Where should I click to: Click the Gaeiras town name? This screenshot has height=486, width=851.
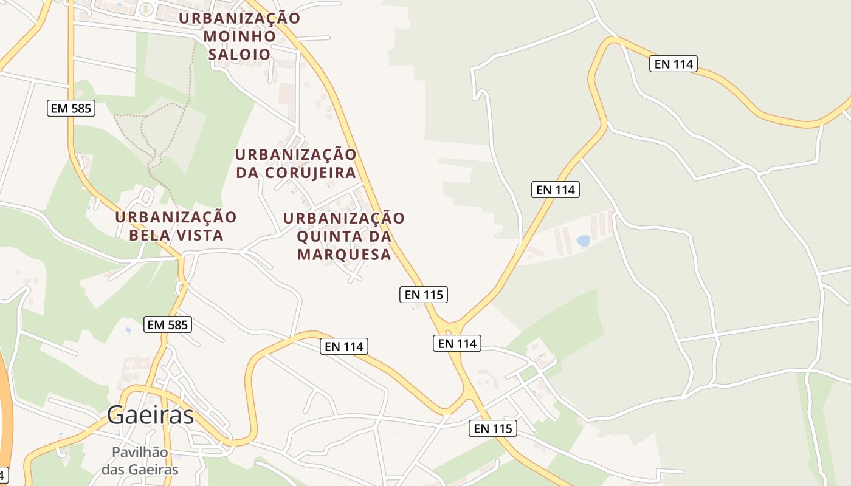click(x=151, y=416)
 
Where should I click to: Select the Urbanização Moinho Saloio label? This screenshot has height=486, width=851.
click(x=239, y=36)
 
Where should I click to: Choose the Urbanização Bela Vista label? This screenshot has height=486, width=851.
click(x=176, y=226)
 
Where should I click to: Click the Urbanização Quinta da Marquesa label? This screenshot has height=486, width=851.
click(x=344, y=236)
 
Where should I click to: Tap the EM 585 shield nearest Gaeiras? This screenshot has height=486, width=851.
click(x=168, y=325)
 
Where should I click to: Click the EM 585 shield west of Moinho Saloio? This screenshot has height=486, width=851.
click(x=71, y=109)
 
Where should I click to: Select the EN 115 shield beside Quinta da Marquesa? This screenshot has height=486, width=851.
click(x=424, y=295)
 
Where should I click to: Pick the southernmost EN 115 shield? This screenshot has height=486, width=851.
click(x=493, y=428)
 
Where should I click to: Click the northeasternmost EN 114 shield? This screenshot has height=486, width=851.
click(x=673, y=64)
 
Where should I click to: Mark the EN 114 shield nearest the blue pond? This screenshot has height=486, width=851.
click(x=556, y=190)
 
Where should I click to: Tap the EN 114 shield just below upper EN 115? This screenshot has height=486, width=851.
click(x=458, y=343)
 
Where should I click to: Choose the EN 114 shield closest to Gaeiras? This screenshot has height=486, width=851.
click(x=344, y=346)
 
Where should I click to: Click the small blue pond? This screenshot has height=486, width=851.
click(x=584, y=241)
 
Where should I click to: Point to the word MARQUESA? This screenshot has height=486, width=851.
click(x=344, y=255)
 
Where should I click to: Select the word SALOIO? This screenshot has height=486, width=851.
click(x=239, y=54)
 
